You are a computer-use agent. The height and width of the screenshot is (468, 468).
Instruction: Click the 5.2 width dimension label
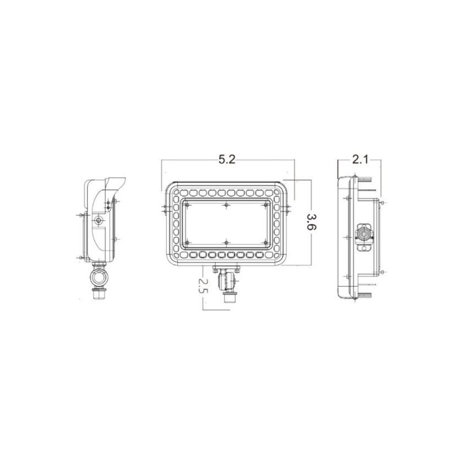click(x=227, y=160)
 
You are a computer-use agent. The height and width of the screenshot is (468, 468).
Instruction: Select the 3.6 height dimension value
click(x=311, y=222)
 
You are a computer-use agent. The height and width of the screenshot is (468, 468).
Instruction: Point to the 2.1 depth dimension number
click(x=360, y=160)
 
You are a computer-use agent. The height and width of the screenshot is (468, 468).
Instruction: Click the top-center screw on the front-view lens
click(x=226, y=205)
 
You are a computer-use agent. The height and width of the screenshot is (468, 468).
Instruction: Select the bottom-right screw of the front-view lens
click(x=265, y=242)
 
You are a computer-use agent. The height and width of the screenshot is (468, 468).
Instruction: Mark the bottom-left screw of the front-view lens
click(x=188, y=242)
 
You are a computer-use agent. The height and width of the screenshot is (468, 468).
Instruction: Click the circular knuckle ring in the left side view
click(x=99, y=276)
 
